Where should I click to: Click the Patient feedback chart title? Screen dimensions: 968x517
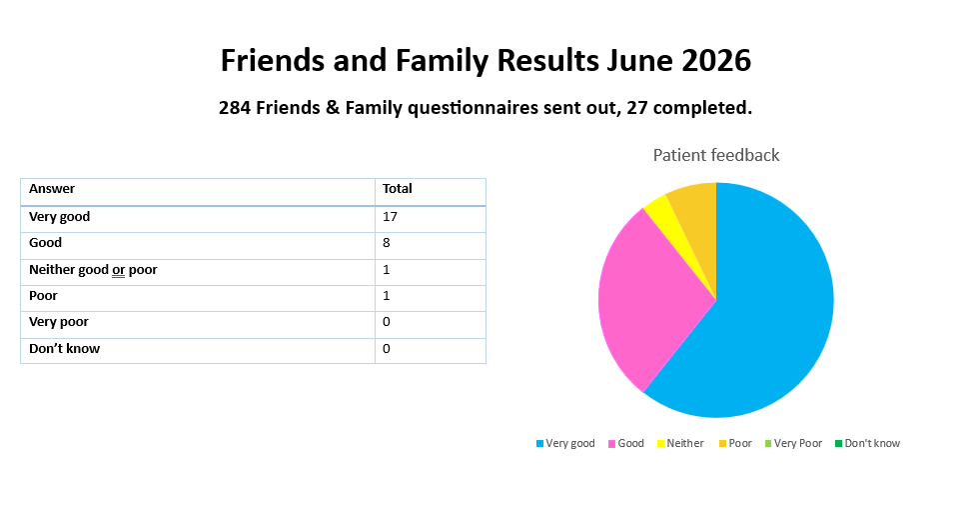click(716, 155)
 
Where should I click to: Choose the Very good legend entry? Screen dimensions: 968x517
click(565, 443)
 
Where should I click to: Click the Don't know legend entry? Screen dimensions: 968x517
click(867, 443)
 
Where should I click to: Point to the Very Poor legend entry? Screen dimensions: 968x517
click(793, 443)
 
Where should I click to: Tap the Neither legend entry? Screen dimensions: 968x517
click(680, 443)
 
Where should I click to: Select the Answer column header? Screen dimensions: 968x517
click(52, 189)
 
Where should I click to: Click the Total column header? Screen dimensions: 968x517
click(397, 189)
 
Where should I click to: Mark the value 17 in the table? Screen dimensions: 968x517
click(390, 217)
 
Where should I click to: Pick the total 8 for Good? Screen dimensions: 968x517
click(387, 243)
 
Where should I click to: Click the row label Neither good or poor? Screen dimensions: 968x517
click(93, 270)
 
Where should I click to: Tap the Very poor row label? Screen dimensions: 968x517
click(59, 322)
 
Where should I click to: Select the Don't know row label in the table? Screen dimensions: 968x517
click(64, 348)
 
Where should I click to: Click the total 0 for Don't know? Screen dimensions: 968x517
click(387, 349)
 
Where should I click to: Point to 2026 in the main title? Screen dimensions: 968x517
click(716, 61)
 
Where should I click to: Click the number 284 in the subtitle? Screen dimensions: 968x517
click(235, 108)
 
